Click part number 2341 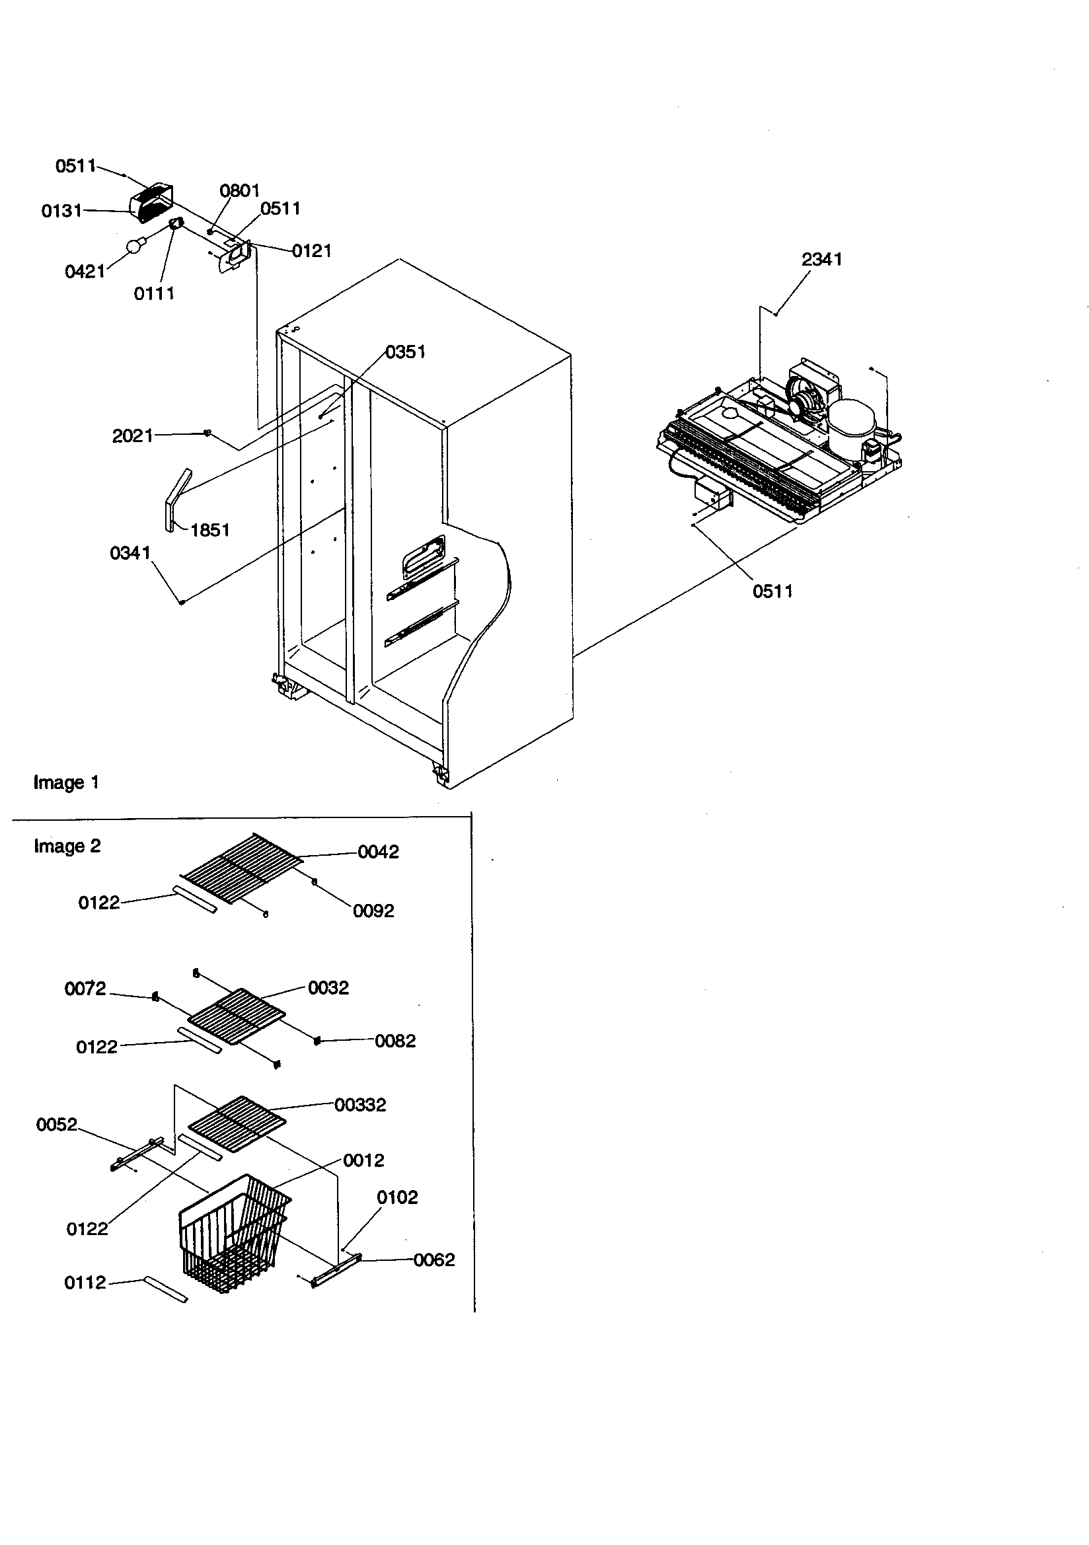(x=821, y=259)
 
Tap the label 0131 (x=61, y=211)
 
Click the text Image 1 (x=66, y=782)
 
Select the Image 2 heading (x=67, y=846)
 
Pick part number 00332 (x=360, y=1105)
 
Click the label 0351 (x=405, y=352)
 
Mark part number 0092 (x=373, y=911)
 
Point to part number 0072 (x=85, y=989)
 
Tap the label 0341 (x=130, y=553)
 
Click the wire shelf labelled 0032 (x=237, y=1015)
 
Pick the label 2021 (x=132, y=436)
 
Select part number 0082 (x=395, y=1041)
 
